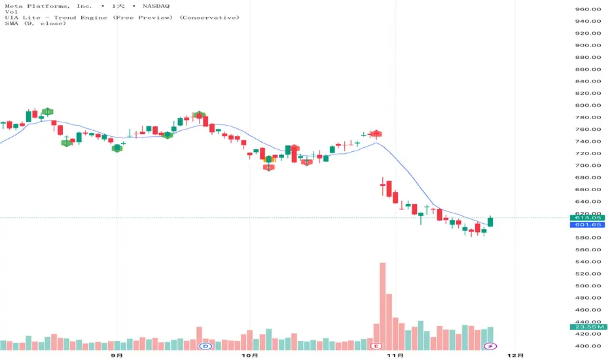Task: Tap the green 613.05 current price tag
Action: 586,217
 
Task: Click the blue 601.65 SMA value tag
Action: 586,225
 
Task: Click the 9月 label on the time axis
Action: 117,355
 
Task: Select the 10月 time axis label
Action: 249,355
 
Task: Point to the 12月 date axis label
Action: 516,355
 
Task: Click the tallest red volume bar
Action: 382,301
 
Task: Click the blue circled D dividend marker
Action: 206,345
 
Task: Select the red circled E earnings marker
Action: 376,345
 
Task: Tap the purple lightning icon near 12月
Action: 489,345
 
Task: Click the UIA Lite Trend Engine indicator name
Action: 72,17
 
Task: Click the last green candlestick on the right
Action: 491,222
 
